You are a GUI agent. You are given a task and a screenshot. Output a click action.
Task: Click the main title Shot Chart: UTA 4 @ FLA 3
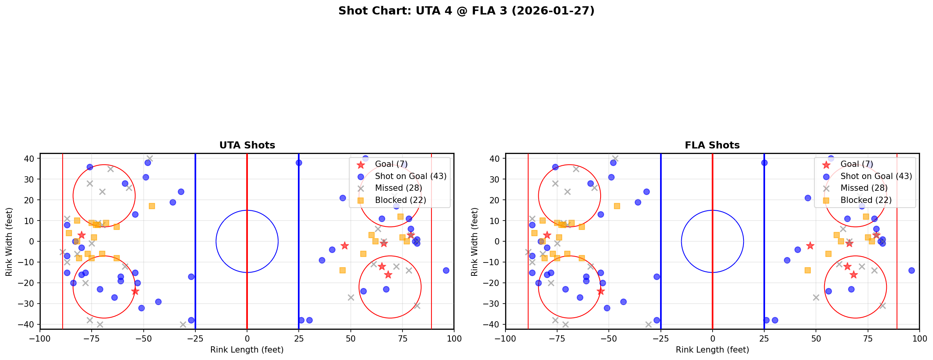[x=466, y=11]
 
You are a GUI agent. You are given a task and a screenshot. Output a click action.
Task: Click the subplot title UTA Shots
[x=247, y=145]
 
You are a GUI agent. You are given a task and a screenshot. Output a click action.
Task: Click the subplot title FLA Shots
[x=712, y=145]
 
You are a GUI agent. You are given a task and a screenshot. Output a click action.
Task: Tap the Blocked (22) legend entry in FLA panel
[x=866, y=200]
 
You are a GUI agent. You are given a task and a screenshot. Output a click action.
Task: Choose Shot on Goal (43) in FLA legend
[x=876, y=176]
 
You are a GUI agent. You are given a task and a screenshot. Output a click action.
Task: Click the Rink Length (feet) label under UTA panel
[x=247, y=350]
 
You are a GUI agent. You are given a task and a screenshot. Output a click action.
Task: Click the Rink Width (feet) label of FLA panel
[x=475, y=241]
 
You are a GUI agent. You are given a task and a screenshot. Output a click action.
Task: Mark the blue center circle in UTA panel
[x=247, y=210]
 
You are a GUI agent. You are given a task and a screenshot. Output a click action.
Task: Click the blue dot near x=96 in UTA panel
[x=446, y=270]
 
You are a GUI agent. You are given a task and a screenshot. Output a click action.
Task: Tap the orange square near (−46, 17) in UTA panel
[x=152, y=206]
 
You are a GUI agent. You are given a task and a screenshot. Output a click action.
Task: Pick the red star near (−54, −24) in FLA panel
[x=601, y=291]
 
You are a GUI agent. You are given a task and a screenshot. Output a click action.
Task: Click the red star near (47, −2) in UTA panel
[x=345, y=246]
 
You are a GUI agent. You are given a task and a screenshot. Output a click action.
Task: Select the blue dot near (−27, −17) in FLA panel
[x=657, y=277]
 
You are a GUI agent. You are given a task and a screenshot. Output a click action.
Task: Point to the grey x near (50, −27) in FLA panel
[x=816, y=297]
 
